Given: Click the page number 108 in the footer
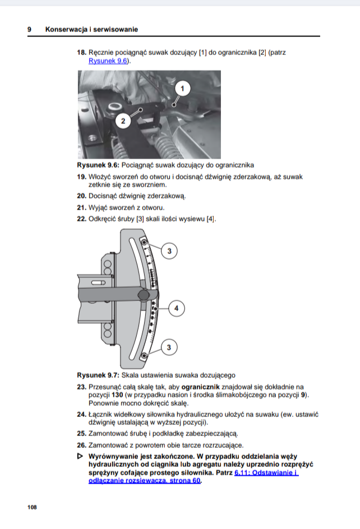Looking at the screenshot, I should (x=31, y=507).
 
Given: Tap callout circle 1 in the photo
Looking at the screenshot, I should (x=182, y=88).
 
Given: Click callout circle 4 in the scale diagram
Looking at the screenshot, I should (x=176, y=308).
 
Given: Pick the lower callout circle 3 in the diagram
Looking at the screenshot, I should (x=168, y=348).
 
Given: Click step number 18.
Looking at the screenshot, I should (x=81, y=53).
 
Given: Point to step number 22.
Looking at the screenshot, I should (x=81, y=219).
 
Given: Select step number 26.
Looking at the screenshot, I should (x=81, y=445).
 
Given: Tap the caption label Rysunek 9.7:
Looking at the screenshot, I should (x=98, y=375).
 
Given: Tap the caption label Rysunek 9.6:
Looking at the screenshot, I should (x=98, y=165).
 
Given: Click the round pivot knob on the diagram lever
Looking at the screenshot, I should (x=144, y=295).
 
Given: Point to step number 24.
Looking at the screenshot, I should (x=81, y=414).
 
